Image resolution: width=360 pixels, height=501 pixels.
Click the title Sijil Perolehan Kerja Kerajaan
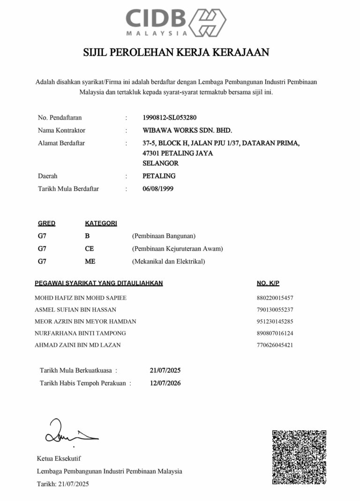(x=176, y=52)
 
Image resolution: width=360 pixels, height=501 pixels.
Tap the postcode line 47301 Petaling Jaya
(x=178, y=153)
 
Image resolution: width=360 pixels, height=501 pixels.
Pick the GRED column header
(x=46, y=224)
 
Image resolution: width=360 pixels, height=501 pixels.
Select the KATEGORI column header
(x=101, y=224)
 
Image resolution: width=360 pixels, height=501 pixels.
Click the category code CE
(x=89, y=249)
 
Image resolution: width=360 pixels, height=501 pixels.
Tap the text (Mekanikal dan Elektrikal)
(x=169, y=261)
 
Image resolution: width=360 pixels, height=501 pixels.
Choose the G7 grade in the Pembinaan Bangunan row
(x=42, y=236)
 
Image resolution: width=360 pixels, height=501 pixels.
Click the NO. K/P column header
(x=268, y=283)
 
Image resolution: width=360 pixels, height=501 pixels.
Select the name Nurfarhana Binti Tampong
(x=80, y=333)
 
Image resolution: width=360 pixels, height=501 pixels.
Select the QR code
(x=299, y=457)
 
